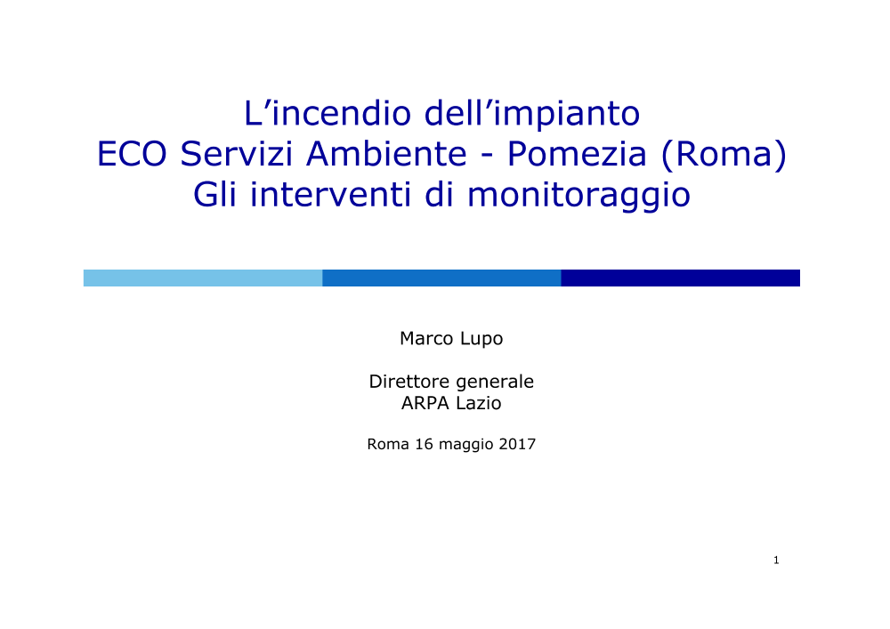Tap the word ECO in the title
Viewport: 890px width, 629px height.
(x=132, y=154)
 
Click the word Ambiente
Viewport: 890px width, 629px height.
(x=386, y=154)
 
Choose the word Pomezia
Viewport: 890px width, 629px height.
(x=577, y=154)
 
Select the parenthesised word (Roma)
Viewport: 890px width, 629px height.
(x=724, y=155)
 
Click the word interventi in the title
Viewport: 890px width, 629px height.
(x=330, y=195)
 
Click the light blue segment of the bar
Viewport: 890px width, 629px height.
(x=203, y=278)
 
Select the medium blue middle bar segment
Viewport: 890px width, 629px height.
(x=441, y=278)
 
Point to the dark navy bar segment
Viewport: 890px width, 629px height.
(x=681, y=278)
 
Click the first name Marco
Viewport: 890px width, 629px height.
(x=426, y=338)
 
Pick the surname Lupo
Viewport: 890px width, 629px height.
(x=481, y=339)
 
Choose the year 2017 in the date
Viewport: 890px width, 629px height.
(x=517, y=444)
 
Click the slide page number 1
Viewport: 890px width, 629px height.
(x=776, y=560)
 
